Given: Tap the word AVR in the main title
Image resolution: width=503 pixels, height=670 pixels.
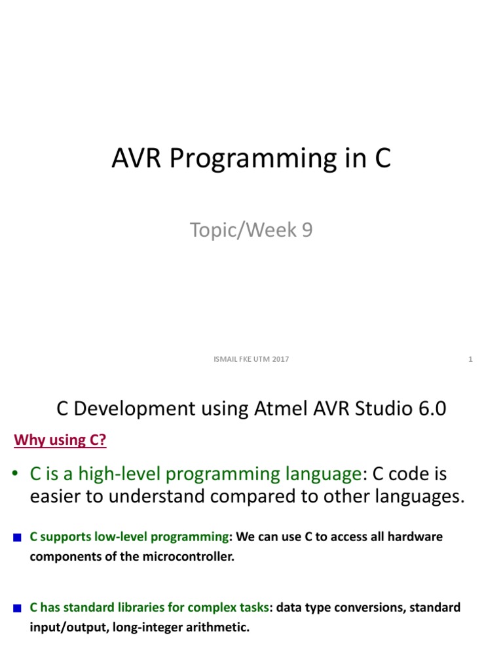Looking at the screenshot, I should click(x=138, y=158).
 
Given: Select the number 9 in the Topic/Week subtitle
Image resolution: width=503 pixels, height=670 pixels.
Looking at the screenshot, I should click(x=307, y=230).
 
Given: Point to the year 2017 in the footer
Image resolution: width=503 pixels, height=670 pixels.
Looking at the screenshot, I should click(x=280, y=359).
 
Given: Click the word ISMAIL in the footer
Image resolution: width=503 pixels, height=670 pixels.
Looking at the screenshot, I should click(x=226, y=359).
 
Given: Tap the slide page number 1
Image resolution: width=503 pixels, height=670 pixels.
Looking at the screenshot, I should click(x=471, y=359).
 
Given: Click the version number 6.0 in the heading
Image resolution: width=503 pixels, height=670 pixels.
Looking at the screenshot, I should click(x=430, y=409).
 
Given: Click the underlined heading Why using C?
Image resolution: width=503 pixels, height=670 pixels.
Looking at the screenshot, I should click(x=60, y=440).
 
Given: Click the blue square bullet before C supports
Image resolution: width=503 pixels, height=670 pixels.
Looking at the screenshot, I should click(x=18, y=538).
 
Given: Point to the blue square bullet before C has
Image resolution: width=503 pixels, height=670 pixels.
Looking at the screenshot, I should click(x=18, y=608).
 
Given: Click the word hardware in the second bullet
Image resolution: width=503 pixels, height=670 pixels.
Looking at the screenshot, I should click(x=417, y=537).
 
